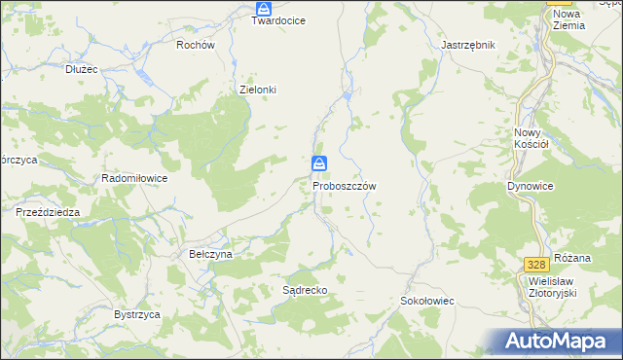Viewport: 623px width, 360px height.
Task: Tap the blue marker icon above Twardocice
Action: coord(263,7)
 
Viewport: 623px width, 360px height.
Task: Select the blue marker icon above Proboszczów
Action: coord(318,163)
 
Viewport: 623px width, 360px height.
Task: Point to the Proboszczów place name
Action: coord(345,185)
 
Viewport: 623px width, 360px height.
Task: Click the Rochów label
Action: coord(196,45)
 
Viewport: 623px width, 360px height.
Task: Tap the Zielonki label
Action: coord(258,90)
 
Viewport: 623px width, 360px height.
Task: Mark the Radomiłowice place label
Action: coord(135,179)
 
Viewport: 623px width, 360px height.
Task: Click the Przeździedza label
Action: coord(47,211)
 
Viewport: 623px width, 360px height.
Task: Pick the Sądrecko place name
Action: coord(304,290)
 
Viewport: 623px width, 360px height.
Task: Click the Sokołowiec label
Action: coord(427,302)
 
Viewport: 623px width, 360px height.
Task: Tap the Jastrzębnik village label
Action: coord(468,45)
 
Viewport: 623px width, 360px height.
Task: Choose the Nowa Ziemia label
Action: coord(568,19)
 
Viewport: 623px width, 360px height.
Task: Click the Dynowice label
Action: coord(531,185)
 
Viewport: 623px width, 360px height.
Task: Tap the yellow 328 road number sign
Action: coord(534,265)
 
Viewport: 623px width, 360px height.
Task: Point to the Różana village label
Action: coord(572,258)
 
